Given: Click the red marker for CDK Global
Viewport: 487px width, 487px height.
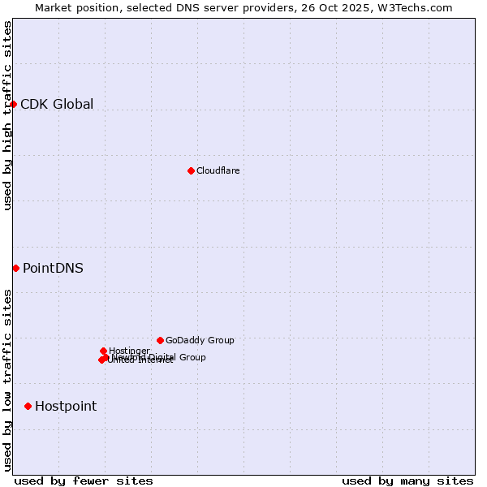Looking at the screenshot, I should [14, 104].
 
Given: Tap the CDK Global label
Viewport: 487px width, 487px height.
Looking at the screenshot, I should [57, 104].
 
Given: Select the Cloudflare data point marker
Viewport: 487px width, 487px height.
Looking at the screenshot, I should [191, 170].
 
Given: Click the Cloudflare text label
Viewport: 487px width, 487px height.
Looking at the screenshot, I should [218, 170].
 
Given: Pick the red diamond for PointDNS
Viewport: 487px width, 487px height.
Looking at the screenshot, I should [15, 268].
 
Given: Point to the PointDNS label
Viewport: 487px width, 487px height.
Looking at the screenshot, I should [53, 269].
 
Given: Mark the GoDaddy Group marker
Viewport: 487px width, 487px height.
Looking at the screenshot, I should [160, 340].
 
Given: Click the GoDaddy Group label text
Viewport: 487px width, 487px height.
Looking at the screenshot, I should [200, 340].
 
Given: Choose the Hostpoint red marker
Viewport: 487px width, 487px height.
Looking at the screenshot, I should [28, 406].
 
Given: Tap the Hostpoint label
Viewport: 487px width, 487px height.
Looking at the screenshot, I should [66, 407].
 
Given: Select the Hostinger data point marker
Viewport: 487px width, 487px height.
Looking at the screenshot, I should [103, 351].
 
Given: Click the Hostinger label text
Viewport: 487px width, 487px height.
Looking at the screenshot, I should [130, 351].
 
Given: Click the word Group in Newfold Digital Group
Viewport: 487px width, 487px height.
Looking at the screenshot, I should [192, 357].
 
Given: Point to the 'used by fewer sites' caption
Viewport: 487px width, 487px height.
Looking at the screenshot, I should [84, 481].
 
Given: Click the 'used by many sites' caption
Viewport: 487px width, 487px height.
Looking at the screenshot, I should [407, 481].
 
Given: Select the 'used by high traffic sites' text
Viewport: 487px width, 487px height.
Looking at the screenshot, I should [8, 115].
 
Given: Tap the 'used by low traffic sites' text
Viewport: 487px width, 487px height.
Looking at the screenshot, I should [8, 380].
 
